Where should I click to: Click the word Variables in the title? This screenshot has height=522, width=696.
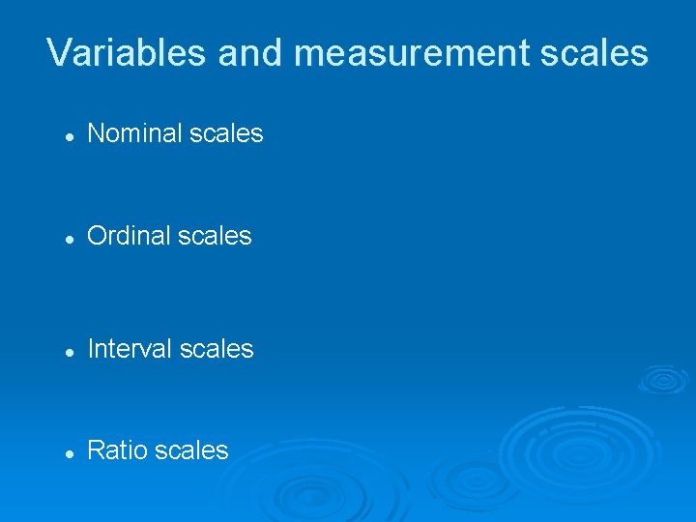pyautogui.click(x=126, y=52)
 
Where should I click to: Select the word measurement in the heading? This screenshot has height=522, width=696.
pyautogui.click(x=404, y=52)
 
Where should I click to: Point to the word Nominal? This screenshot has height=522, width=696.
pyautogui.click(x=130, y=133)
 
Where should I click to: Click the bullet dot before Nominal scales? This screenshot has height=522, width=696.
pyautogui.click(x=69, y=136)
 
